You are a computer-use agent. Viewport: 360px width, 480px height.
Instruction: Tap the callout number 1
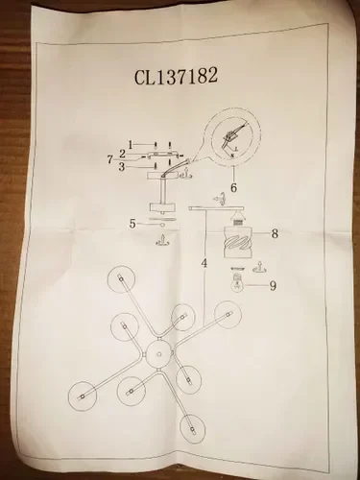tap(131, 145)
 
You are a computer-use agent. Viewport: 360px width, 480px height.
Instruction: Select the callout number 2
tap(122, 154)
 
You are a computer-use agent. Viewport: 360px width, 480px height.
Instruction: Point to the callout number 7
tap(110, 159)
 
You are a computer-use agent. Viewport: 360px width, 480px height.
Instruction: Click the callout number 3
tap(122, 167)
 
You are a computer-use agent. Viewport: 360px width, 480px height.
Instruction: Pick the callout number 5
tap(132, 224)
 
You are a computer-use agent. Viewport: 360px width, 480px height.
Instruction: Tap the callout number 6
tap(234, 188)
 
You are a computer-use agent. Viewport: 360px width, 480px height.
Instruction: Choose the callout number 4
tap(204, 263)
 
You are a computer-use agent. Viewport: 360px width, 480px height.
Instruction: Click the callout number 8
tap(275, 234)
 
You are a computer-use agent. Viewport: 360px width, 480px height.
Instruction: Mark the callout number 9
tap(273, 285)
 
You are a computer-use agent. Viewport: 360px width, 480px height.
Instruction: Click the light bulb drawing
tap(237, 283)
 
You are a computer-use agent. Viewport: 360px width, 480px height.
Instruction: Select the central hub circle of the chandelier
tap(158, 354)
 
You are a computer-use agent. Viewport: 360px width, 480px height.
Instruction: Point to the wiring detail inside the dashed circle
tap(232, 138)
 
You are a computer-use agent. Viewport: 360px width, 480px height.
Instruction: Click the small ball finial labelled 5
tap(162, 226)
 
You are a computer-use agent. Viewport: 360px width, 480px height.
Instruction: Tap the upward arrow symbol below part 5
tap(163, 240)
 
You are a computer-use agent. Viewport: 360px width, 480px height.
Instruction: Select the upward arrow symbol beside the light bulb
tap(260, 266)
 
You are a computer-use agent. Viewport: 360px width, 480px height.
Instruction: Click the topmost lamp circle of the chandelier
tap(121, 279)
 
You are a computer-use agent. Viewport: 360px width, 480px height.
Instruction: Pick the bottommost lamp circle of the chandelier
tap(192, 428)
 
